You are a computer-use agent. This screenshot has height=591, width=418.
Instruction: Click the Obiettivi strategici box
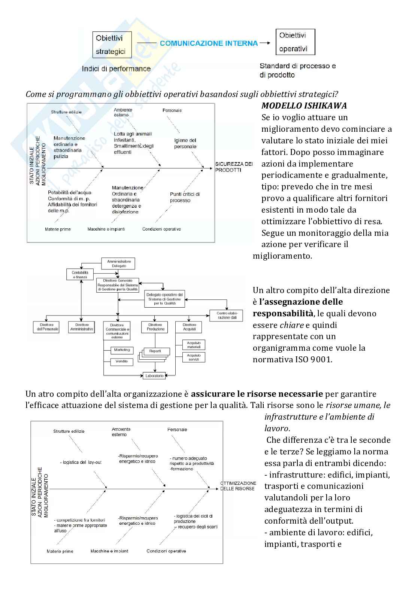click(x=110, y=45)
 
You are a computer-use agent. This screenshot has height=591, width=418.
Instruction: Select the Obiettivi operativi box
click(x=295, y=42)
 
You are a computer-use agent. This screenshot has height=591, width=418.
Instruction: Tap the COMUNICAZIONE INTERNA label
click(x=209, y=43)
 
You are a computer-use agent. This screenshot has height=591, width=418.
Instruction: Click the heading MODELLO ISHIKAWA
click(x=304, y=106)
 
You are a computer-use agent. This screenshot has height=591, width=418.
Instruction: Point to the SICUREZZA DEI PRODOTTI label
click(x=234, y=167)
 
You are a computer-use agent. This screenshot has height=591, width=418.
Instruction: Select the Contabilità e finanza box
click(x=80, y=275)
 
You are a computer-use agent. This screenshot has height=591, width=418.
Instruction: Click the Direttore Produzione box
click(x=155, y=327)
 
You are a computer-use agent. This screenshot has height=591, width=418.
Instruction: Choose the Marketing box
click(x=122, y=350)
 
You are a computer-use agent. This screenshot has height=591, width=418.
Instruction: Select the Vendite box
click(x=122, y=362)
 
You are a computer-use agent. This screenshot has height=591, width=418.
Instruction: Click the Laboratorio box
click(x=154, y=375)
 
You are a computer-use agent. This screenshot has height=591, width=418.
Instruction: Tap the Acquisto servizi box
click(x=194, y=357)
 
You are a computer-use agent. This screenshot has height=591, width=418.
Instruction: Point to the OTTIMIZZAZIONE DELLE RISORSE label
click(x=238, y=486)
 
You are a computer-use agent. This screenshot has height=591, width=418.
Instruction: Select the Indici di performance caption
click(x=116, y=69)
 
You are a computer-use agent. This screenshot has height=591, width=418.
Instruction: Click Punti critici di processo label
click(x=185, y=197)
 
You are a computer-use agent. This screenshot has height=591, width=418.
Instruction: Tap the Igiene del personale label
click(x=185, y=143)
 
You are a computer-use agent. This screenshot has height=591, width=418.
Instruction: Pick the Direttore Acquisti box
click(x=189, y=327)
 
